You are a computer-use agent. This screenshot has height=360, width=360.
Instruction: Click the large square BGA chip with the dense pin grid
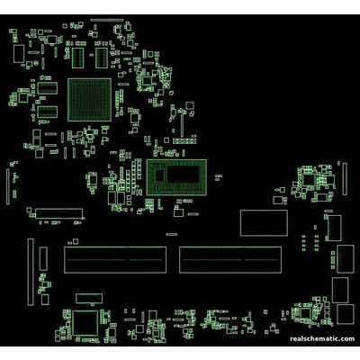point(89,100)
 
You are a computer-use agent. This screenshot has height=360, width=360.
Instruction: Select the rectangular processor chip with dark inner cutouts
point(176,177)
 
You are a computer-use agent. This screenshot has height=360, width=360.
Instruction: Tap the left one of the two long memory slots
point(115,260)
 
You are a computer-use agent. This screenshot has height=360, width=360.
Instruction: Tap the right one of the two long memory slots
point(230,260)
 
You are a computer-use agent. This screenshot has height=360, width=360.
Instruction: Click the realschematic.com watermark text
point(322,338)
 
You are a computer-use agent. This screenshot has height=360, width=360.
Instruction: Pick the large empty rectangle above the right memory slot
point(264,223)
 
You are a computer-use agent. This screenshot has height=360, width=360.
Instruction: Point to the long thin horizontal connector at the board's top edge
point(107,20)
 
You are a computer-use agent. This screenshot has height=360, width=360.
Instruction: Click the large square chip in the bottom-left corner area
point(85,323)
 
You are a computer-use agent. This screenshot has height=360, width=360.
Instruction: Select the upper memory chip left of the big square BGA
point(48,88)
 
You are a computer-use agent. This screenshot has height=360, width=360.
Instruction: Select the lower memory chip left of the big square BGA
point(48,112)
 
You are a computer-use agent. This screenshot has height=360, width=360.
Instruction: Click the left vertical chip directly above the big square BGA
point(78,58)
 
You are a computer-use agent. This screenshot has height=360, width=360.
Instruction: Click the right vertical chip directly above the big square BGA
point(102,58)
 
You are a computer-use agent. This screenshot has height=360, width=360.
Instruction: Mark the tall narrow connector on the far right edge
point(345,179)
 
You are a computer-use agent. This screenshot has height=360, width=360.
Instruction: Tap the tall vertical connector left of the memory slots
point(31,272)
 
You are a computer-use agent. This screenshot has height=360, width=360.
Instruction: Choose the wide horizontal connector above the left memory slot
point(58,213)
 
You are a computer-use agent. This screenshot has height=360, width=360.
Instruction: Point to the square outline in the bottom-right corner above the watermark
point(346,314)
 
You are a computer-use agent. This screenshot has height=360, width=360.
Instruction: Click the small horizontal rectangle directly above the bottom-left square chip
point(89,298)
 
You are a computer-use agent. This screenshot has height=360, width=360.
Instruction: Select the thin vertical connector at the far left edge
point(8,187)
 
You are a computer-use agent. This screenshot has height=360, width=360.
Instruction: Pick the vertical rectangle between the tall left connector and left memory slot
point(43,259)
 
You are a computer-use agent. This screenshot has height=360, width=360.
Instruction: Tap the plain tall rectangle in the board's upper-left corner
point(19,54)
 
